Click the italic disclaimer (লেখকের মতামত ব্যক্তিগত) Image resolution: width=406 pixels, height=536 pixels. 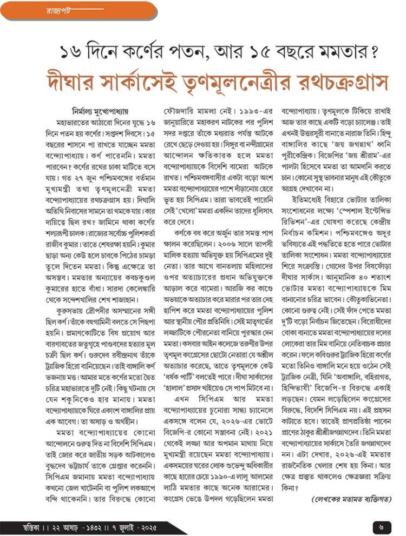(351, 499)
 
